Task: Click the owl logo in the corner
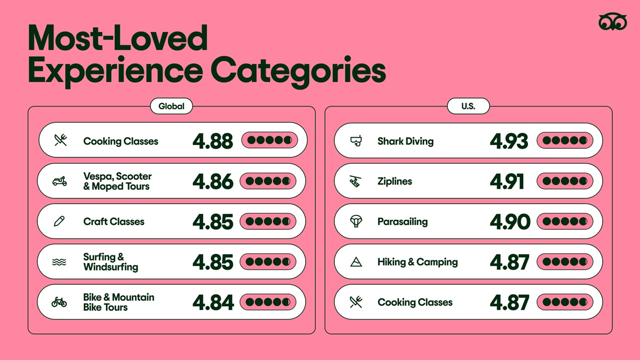point(613,21)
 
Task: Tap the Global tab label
point(171,106)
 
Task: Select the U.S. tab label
point(468,106)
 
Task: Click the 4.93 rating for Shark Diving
point(509,141)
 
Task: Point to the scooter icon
point(59,181)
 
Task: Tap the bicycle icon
point(59,302)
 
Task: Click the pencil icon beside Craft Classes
point(59,221)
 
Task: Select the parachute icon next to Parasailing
point(356,221)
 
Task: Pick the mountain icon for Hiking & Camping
point(356,262)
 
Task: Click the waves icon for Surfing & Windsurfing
point(59,262)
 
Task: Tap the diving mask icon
point(356,141)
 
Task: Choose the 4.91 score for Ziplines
point(507,181)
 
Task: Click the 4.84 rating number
point(213,302)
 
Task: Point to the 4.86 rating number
point(213,181)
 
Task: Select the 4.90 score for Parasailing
point(510,222)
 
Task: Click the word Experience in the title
point(115,70)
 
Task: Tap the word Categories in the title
point(299,70)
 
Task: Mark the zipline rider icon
point(355,181)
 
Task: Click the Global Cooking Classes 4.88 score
point(213,141)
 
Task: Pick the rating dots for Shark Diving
point(565,140)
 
